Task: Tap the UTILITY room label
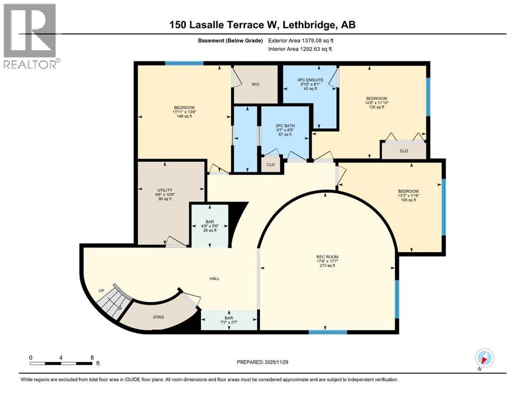click(164, 190)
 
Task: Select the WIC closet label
click(255, 84)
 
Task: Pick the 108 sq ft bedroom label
click(408, 191)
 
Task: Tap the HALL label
click(214, 278)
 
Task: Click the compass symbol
click(485, 358)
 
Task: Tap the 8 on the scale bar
click(92, 357)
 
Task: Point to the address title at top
click(262, 25)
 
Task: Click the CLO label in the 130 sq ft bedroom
click(404, 150)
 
